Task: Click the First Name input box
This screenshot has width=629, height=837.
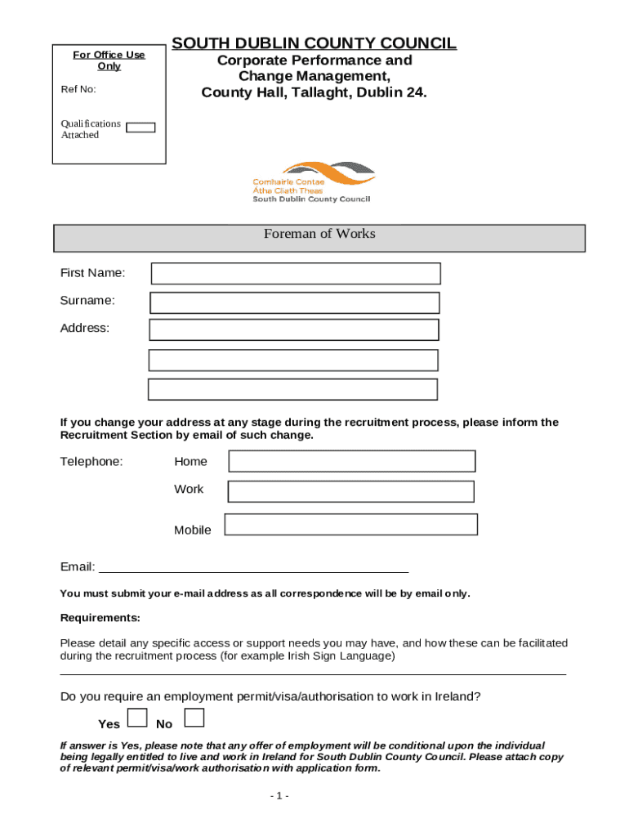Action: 296,273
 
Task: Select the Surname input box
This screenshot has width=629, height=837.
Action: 295,302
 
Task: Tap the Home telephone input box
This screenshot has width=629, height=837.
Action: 351,461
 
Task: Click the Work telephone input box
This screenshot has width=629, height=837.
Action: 350,491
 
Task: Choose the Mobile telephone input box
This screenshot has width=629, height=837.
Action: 350,525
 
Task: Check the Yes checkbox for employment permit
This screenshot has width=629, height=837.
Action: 138,718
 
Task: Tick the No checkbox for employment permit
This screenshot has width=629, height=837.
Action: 194,718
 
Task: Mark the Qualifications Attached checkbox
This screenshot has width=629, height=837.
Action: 141,128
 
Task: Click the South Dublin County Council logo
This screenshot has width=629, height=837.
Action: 313,181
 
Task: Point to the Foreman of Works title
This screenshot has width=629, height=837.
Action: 319,234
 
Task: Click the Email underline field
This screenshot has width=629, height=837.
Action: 253,570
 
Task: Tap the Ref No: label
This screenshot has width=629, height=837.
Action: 78,89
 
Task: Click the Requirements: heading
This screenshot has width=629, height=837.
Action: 100,617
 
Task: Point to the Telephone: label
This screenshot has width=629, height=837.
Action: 91,462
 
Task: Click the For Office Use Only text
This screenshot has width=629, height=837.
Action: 109,60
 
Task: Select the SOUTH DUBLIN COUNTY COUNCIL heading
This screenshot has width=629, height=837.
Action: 314,43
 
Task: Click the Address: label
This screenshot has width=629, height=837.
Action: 85,329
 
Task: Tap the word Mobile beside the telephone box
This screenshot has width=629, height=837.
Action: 193,530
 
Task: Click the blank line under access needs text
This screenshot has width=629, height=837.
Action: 313,674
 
